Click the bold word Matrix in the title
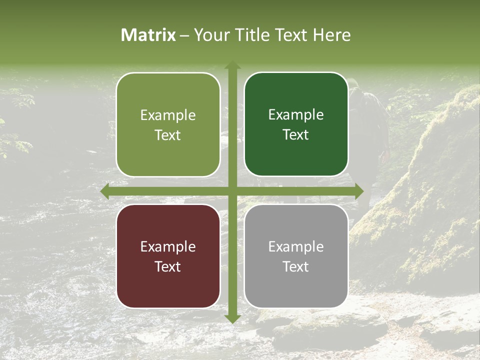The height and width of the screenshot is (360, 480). (148, 35)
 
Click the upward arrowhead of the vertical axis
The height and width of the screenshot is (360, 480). (232, 65)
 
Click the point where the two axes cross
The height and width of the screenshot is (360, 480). (232, 191)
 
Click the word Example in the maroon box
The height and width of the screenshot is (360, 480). (168, 246)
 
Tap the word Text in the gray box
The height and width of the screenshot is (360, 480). (296, 266)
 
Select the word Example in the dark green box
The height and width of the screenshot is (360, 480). (296, 115)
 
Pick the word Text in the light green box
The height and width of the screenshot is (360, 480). (168, 135)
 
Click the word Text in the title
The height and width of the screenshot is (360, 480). (291, 35)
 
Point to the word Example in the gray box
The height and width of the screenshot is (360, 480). (296, 246)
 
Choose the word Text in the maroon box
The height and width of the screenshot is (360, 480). (168, 266)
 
